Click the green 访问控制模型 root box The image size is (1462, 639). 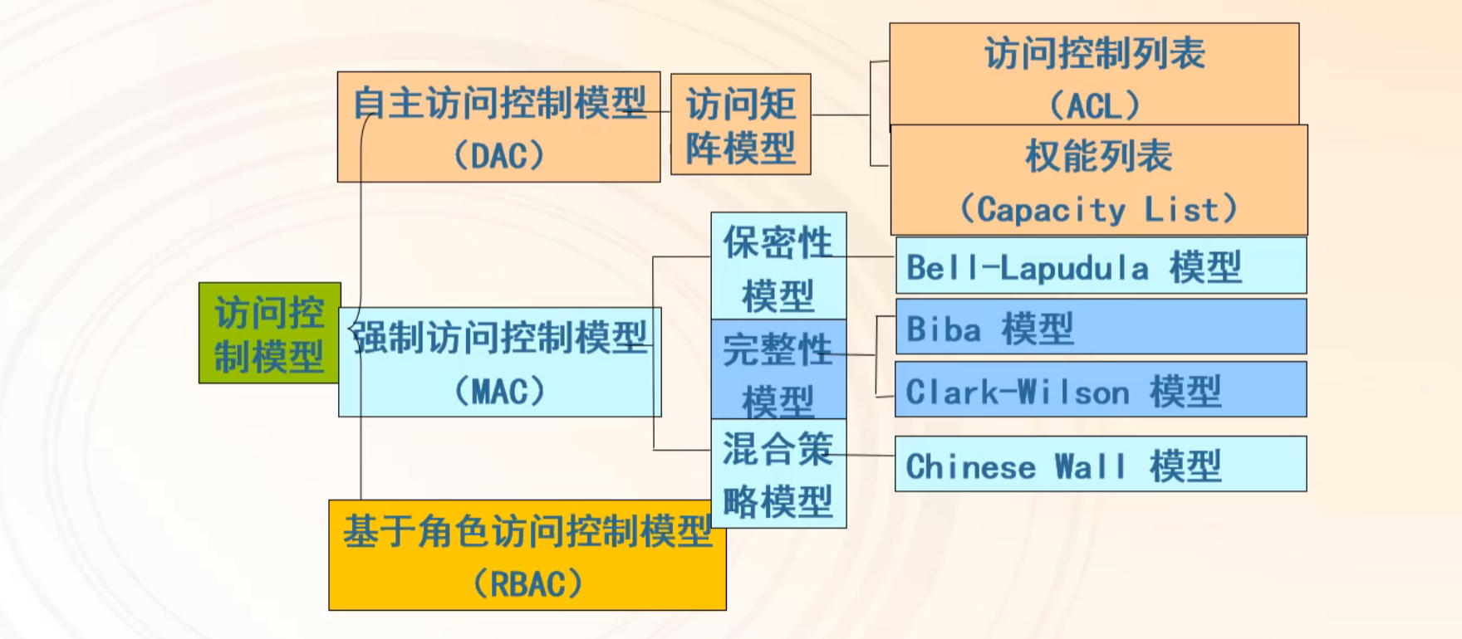[x=269, y=334]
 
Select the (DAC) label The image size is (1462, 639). [x=498, y=155]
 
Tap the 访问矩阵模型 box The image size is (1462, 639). [x=740, y=124]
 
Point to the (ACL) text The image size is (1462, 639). [x=1094, y=105]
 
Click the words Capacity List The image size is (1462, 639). [x=1098, y=209]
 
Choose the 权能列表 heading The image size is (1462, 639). [x=1098, y=156]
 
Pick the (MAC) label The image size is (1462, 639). [x=499, y=391]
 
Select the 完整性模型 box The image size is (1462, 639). [x=778, y=370]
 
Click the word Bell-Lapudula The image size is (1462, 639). [x=1028, y=267]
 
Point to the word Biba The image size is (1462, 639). [x=943, y=329]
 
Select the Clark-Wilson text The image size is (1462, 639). [x=1017, y=392]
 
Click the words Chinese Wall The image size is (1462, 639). [x=1015, y=466]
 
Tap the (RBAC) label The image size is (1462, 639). [x=527, y=584]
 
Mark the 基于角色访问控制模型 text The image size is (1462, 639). [x=527, y=531]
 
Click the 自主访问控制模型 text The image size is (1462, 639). [x=499, y=103]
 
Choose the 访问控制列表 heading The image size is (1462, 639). [x=1094, y=53]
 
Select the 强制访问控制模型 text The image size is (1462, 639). [x=501, y=338]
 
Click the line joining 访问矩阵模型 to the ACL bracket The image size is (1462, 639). [x=840, y=115]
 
